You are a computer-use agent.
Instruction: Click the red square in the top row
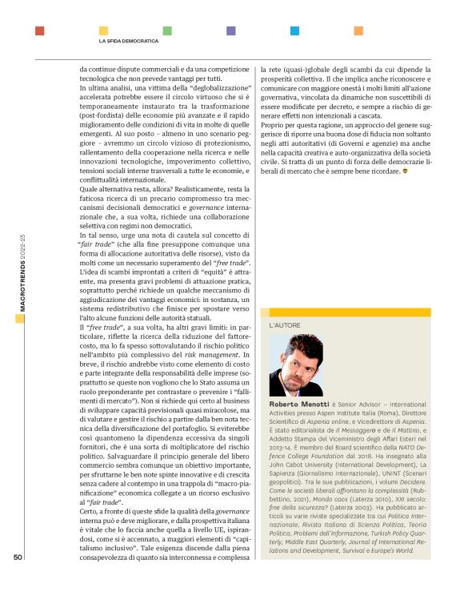pyautogui.click(x=39, y=30)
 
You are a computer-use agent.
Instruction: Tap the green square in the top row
pyautogui.click(x=166, y=30)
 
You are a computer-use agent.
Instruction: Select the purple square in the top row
pyautogui.click(x=230, y=30)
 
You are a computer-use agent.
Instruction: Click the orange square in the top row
pyautogui.click(x=358, y=30)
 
